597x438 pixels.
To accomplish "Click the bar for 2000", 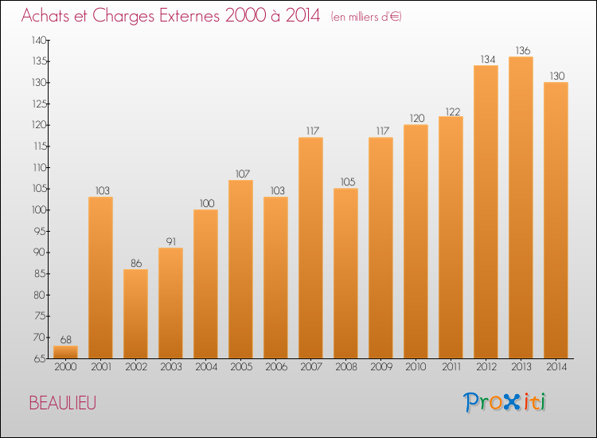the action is [x=65, y=352].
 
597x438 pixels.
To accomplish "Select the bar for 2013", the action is [x=521, y=208].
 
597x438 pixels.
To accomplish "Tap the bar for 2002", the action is [x=135, y=314].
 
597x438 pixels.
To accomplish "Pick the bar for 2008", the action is [x=345, y=273].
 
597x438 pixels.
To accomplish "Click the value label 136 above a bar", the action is [x=523, y=50].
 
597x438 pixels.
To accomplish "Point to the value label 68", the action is [x=66, y=339].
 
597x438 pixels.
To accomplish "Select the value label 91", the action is [x=171, y=241].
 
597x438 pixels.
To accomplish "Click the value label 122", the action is [x=453, y=111].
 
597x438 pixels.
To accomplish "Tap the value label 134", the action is [x=488, y=59].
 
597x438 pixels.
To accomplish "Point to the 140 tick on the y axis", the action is [x=39, y=40].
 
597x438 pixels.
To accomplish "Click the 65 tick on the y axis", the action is [x=40, y=358].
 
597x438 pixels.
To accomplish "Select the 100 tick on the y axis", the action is [x=39, y=210].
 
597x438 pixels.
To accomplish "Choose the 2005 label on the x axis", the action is [x=241, y=366].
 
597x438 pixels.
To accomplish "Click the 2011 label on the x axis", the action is [x=451, y=366].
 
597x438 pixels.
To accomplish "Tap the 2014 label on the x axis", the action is [x=556, y=366].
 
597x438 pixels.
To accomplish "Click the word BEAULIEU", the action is [x=63, y=403].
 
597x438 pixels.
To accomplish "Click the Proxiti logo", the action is [x=505, y=402].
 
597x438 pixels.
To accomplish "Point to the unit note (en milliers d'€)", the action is [x=366, y=17].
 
